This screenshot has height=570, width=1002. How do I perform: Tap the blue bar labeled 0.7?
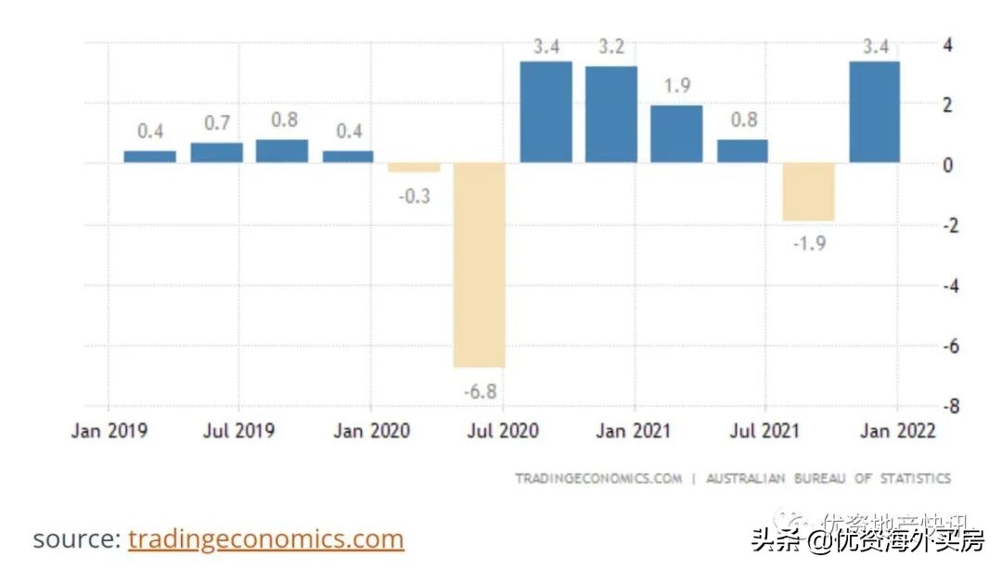pos(216,152)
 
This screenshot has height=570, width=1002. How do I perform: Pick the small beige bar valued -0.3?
pos(414,168)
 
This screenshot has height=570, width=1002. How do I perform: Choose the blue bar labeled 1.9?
pos(676,133)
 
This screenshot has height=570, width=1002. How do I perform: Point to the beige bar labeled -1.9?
pos(808,192)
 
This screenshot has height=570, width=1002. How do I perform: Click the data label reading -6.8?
pos(480,390)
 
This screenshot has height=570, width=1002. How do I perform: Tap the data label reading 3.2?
pos(610,46)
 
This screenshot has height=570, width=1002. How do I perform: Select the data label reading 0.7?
pos(216,122)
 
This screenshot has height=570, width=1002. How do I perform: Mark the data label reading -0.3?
pos(414,196)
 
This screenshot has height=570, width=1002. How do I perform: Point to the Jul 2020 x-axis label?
pos(502,431)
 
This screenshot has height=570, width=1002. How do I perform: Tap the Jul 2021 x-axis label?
pos(765,431)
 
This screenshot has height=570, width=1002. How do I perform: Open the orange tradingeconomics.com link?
pos(266,538)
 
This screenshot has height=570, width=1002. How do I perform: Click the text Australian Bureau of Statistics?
pos(829,479)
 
